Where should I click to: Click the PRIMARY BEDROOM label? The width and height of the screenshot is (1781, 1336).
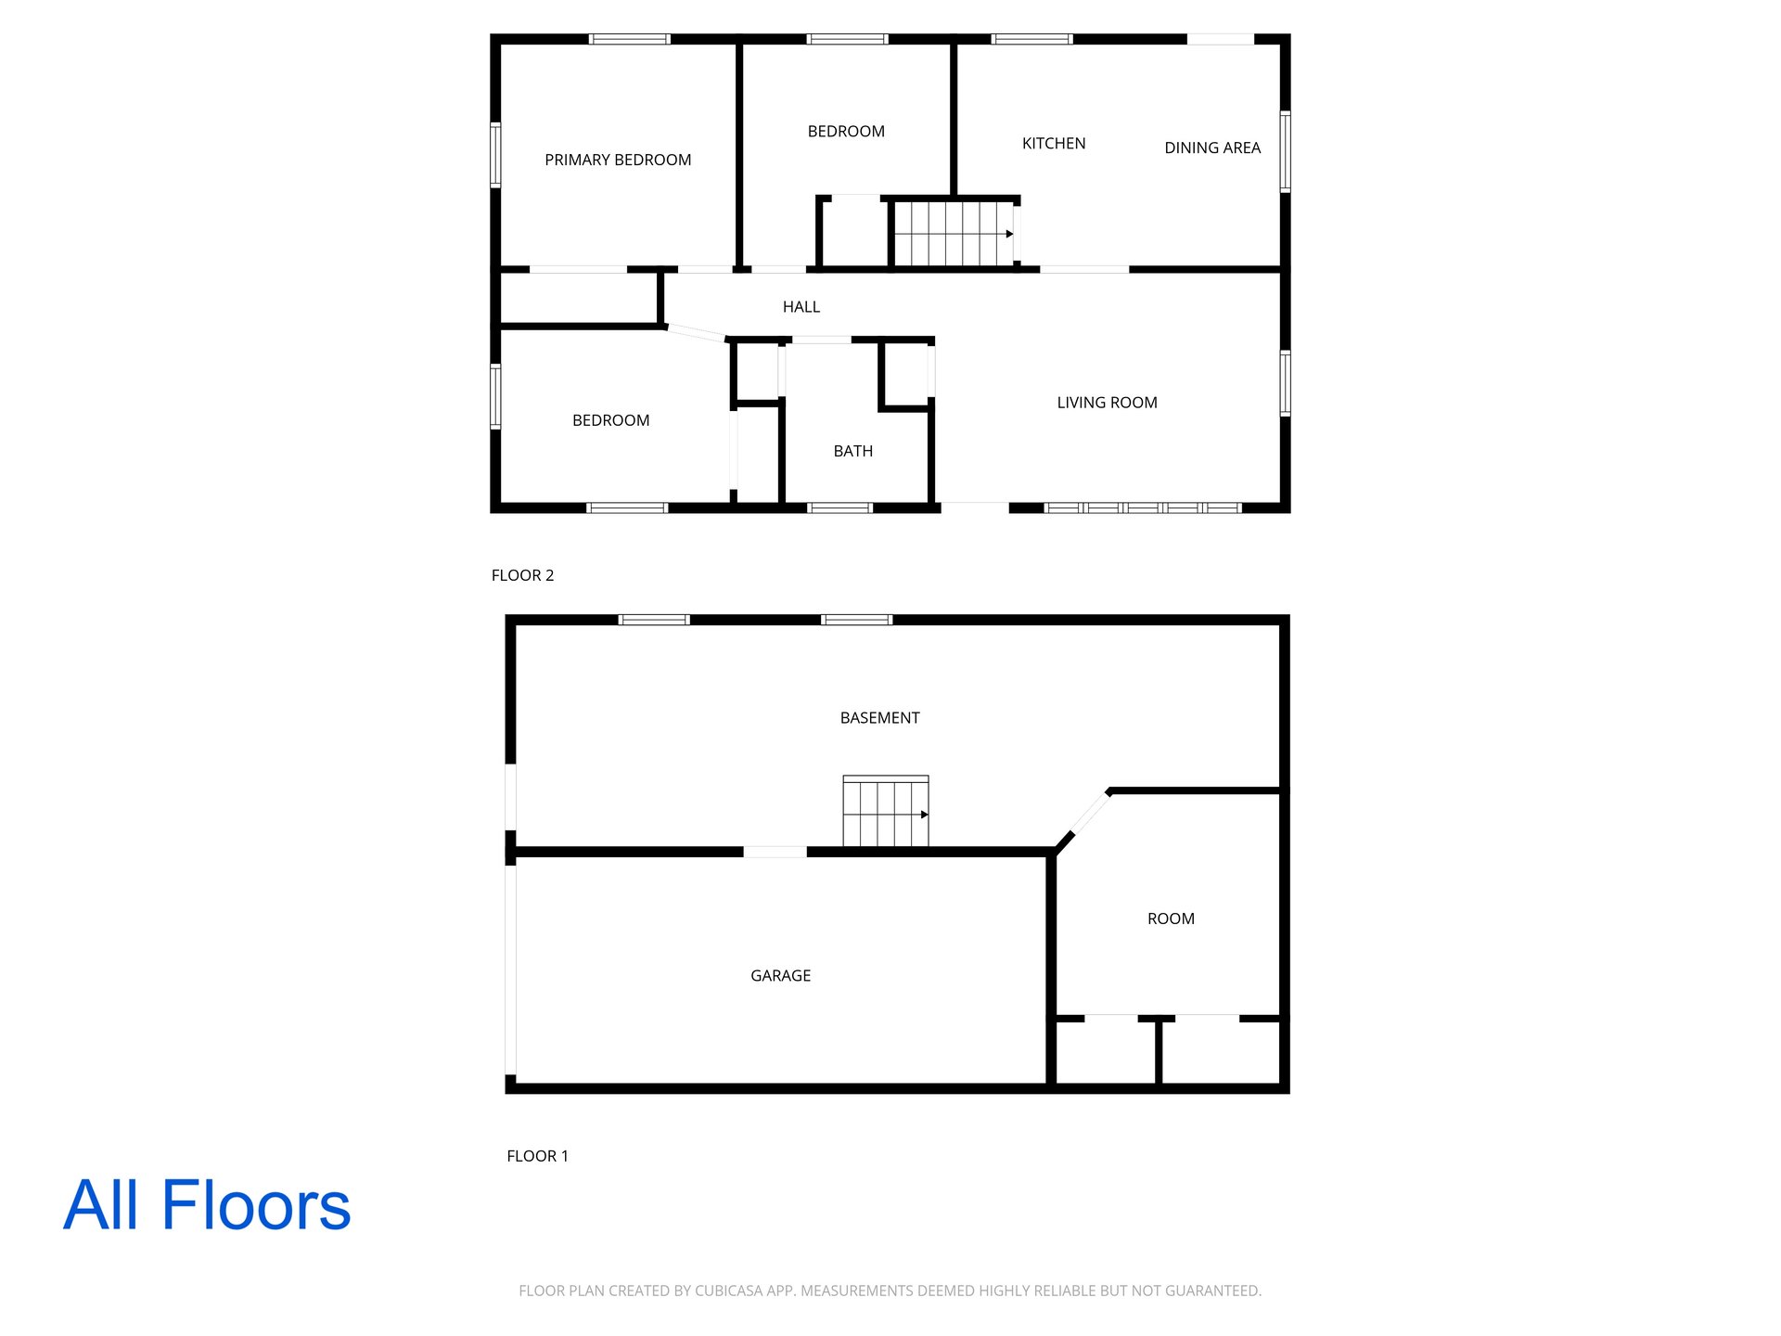[x=618, y=160]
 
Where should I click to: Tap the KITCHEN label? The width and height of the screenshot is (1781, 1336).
[x=1054, y=143]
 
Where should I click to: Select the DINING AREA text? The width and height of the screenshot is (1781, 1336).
[x=1212, y=148]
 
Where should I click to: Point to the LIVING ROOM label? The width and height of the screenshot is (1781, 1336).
[x=1107, y=403]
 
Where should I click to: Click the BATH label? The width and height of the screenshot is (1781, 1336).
[x=853, y=451]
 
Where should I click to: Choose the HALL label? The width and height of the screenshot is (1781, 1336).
[x=801, y=307]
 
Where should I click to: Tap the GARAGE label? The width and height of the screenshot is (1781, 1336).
[x=780, y=976]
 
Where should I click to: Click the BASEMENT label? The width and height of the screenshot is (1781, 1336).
[x=879, y=718]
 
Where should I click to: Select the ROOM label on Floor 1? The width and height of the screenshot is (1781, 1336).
[x=1171, y=918]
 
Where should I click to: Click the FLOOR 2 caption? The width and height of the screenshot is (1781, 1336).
[x=522, y=575]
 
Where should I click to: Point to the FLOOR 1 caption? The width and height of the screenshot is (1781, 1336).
[x=537, y=1156]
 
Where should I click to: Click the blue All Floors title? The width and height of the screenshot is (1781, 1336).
[x=207, y=1205]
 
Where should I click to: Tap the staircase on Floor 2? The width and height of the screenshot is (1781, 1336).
[x=954, y=234]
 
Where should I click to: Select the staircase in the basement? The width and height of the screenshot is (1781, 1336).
[x=886, y=811]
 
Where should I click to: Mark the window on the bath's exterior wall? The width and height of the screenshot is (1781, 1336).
[x=840, y=508]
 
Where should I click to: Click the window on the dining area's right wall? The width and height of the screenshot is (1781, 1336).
[x=1286, y=151]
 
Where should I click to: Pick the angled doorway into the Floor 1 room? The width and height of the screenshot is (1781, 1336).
[x=1089, y=814]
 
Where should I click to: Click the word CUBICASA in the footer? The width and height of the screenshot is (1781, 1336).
[x=729, y=1291]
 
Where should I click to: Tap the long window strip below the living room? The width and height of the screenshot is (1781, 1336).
[x=1143, y=508]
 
